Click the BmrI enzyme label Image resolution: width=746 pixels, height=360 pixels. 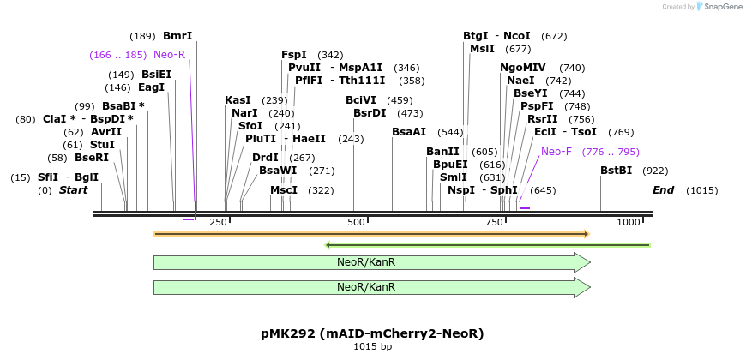pos(177,36)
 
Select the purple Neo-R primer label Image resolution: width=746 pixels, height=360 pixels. pos(169,55)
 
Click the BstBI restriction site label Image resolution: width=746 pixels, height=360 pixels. pos(616,171)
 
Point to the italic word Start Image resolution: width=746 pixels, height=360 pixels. pos(73,189)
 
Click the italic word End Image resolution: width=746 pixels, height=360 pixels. pos(663,189)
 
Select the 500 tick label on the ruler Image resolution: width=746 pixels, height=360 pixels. pos(357,223)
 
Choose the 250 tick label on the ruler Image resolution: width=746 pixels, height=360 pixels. pos(218,223)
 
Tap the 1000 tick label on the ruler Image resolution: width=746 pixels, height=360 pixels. pos(629,223)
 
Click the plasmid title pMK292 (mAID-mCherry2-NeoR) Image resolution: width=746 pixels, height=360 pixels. pos(372,333)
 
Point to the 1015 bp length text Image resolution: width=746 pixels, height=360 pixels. pos(372,347)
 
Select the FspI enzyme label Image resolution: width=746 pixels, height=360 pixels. pos(294,55)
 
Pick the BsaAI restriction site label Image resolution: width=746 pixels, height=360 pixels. pos(409,132)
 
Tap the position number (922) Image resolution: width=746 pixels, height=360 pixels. pos(655,171)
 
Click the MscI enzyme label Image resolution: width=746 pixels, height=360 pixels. pos(284,190)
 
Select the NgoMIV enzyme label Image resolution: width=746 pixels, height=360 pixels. pos(523,68)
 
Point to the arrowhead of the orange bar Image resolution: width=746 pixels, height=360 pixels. pos(586,233)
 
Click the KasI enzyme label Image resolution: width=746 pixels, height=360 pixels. pos(238,100)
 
